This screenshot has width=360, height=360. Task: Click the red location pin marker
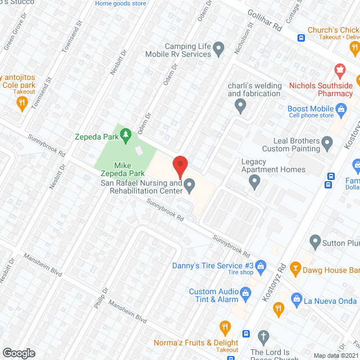coord(179,166)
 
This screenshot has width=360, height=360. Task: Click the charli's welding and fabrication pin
coord(240,104)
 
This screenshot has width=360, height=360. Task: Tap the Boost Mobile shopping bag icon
coord(341,109)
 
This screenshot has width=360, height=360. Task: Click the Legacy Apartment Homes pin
coord(255,181)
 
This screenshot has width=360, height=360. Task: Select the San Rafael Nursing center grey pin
coord(190,184)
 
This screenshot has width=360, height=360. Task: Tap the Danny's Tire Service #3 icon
coord(261,265)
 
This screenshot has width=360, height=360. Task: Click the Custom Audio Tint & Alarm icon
coord(245,292)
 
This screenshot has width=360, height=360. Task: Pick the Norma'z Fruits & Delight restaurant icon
coord(225,327)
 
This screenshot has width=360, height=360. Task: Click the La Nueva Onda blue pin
coord(298,299)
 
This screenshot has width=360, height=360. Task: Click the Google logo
coord(19,353)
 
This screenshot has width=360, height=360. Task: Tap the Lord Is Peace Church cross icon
coord(263,337)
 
